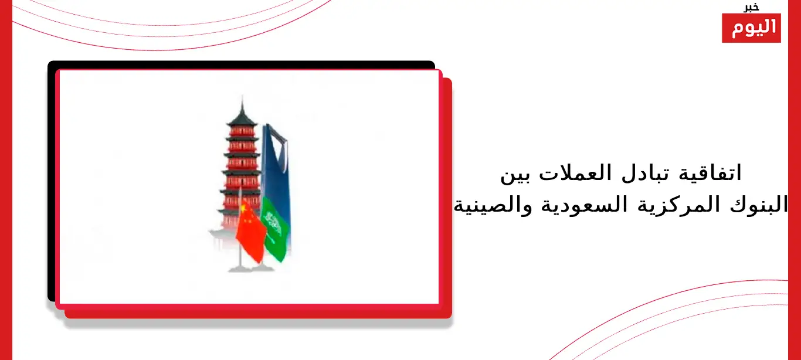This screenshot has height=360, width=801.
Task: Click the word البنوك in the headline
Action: (x=758, y=205)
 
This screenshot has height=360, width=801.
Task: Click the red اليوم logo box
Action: (x=751, y=28)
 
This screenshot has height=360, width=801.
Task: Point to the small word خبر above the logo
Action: (x=751, y=8)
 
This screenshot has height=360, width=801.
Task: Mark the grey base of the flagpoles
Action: (x=250, y=268)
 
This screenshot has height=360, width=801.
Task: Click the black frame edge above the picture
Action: (x=242, y=64)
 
